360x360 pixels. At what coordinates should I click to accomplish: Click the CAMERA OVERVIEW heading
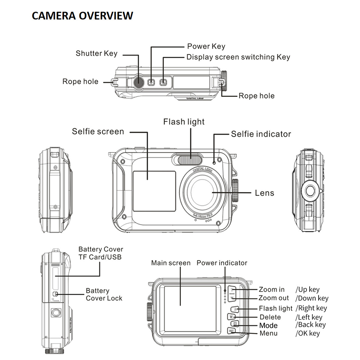82,16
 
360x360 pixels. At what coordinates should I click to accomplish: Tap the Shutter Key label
96,54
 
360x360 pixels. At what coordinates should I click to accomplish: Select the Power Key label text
206,46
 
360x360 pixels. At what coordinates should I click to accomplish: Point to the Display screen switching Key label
238,57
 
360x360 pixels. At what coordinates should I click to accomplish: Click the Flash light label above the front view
184,122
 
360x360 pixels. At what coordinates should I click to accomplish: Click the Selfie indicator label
261,134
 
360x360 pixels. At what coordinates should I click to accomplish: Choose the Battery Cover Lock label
103,295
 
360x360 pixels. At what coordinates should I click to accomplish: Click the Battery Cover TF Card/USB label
100,253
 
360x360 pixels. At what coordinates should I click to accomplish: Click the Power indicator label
222,263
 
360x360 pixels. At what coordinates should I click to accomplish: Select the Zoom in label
271,290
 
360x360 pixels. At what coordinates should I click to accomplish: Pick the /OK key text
308,333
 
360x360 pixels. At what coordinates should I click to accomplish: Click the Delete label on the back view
270,317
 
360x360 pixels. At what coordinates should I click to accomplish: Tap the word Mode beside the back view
269,325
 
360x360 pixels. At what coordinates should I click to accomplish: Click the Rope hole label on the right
256,96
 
